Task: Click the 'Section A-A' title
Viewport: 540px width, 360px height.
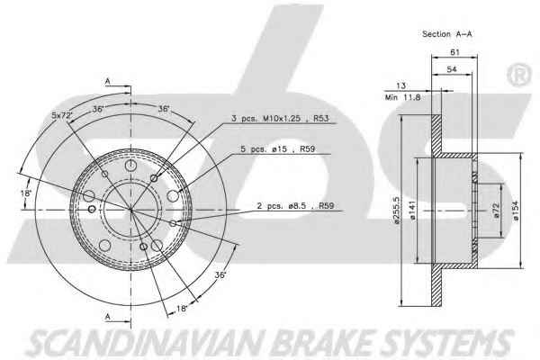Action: [446, 34]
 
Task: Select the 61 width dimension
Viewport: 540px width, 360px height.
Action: [454, 52]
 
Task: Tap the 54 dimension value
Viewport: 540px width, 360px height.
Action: [452, 69]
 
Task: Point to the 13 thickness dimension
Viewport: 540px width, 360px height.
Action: [400, 85]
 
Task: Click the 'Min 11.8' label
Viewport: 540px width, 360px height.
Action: [402, 97]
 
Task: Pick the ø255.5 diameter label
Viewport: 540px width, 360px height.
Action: [396, 210]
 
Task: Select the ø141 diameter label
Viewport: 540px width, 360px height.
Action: [412, 210]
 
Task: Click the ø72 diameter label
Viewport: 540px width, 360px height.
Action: [496, 210]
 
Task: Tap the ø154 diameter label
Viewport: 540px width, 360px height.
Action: [515, 211]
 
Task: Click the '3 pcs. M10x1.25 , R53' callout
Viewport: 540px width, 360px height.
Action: [280, 119]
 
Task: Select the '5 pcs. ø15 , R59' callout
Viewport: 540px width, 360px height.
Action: [277, 149]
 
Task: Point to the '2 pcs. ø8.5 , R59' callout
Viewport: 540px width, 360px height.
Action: [295, 206]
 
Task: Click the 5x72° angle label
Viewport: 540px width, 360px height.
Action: [62, 115]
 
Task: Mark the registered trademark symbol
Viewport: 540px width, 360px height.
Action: [518, 74]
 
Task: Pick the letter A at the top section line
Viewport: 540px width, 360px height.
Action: [108, 81]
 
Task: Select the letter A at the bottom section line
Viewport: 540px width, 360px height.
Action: [108, 316]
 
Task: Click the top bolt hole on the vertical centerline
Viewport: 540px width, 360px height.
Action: [130, 166]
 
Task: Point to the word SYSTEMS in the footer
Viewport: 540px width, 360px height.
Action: [446, 342]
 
